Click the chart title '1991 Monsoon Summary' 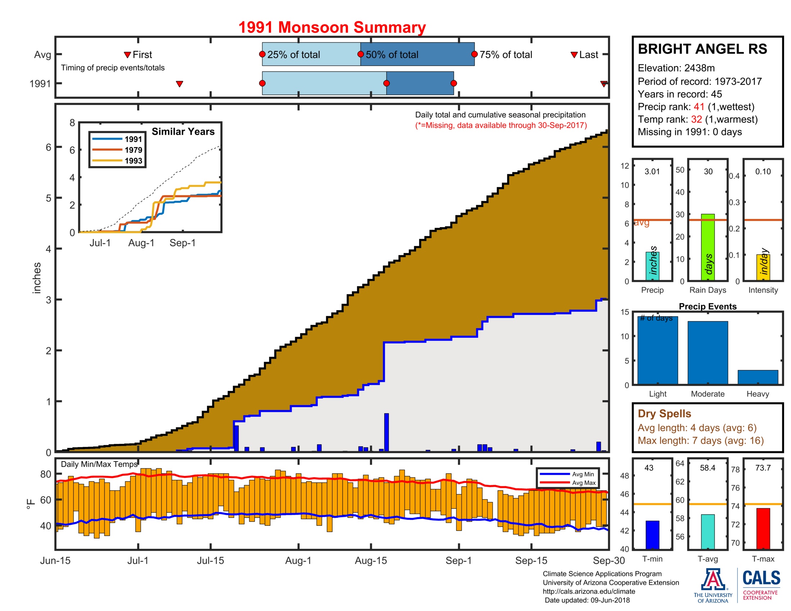[x=332, y=28]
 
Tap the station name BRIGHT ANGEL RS [x=702, y=49]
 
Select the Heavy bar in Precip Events [x=758, y=377]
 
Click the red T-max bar [x=763, y=528]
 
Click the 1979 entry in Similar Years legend [x=133, y=150]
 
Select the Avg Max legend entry [x=584, y=482]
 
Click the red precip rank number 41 [x=699, y=107]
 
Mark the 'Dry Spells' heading [x=664, y=413]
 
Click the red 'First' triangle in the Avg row [x=127, y=55]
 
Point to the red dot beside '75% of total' [x=474, y=54]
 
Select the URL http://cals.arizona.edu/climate [x=589, y=591]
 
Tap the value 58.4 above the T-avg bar [x=707, y=468]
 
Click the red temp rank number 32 [x=696, y=119]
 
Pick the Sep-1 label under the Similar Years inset [x=183, y=243]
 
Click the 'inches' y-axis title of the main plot [x=37, y=277]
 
